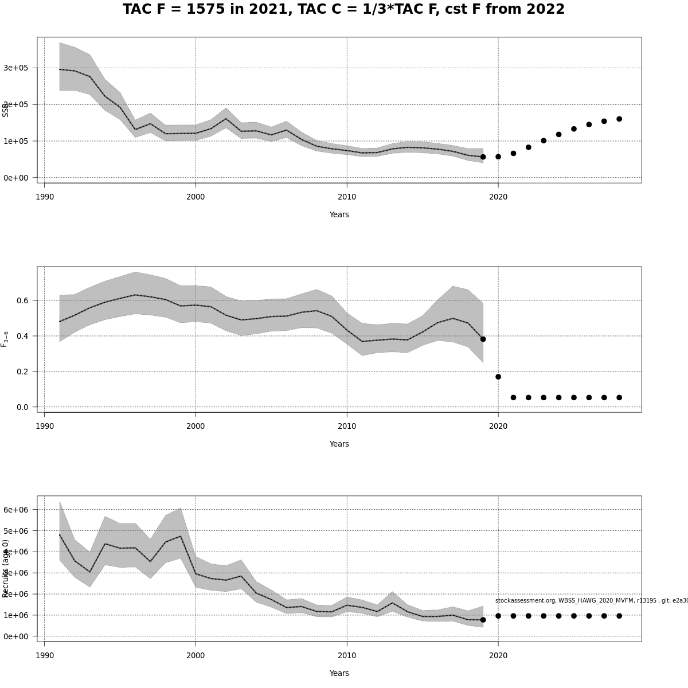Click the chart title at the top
click(343, 10)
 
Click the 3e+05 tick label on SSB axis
click(15, 68)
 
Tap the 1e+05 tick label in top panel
click(15, 141)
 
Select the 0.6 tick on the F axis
click(22, 300)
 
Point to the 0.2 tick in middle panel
click(22, 372)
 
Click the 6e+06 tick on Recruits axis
click(15, 510)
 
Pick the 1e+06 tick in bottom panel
click(15, 615)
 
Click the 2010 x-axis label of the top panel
click(347, 197)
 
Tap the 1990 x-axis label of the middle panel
click(45, 427)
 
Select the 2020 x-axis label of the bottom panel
click(498, 656)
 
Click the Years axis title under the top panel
click(339, 215)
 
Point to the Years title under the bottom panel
click(339, 674)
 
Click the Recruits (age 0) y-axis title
click(6, 568)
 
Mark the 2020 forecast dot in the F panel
click(498, 377)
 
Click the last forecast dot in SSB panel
click(619, 119)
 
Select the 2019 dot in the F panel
click(483, 339)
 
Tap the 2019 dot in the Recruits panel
click(483, 620)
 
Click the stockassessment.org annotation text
click(591, 600)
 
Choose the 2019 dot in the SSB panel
click(483, 157)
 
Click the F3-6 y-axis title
click(5, 339)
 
